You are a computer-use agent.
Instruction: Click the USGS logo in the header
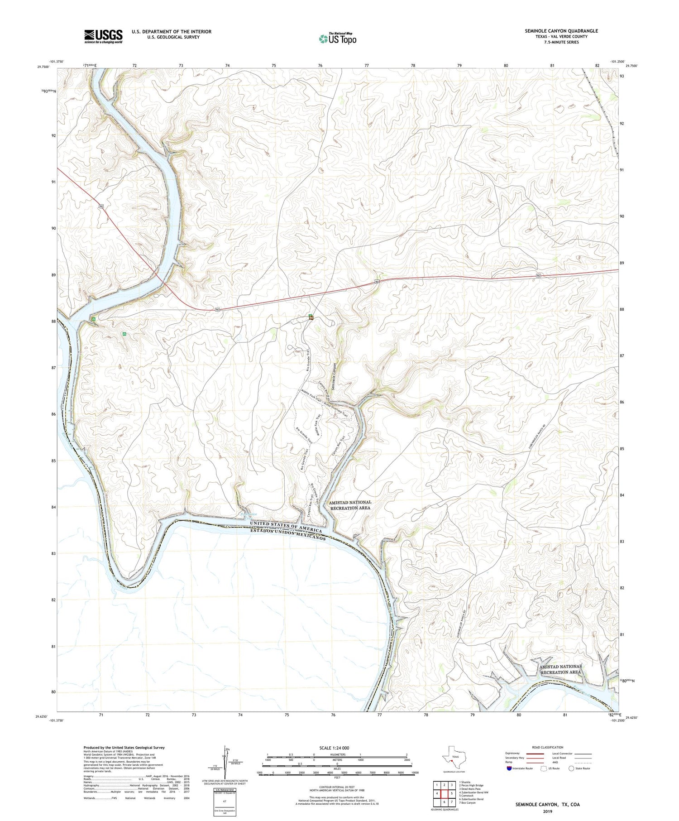coord(103,36)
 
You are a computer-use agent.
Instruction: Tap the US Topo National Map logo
coord(338,38)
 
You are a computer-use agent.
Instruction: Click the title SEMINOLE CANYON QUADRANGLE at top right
coord(561,31)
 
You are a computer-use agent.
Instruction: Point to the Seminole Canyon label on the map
coord(334,376)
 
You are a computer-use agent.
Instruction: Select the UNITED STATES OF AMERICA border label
coord(286,526)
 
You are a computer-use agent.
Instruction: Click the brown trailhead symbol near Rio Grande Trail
coord(311,318)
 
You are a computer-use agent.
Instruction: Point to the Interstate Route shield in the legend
coord(510,768)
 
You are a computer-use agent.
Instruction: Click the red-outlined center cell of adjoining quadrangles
coord(444,793)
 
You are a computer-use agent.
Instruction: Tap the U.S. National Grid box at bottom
coord(225,802)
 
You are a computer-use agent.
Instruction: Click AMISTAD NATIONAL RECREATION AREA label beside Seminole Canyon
coord(350,505)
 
